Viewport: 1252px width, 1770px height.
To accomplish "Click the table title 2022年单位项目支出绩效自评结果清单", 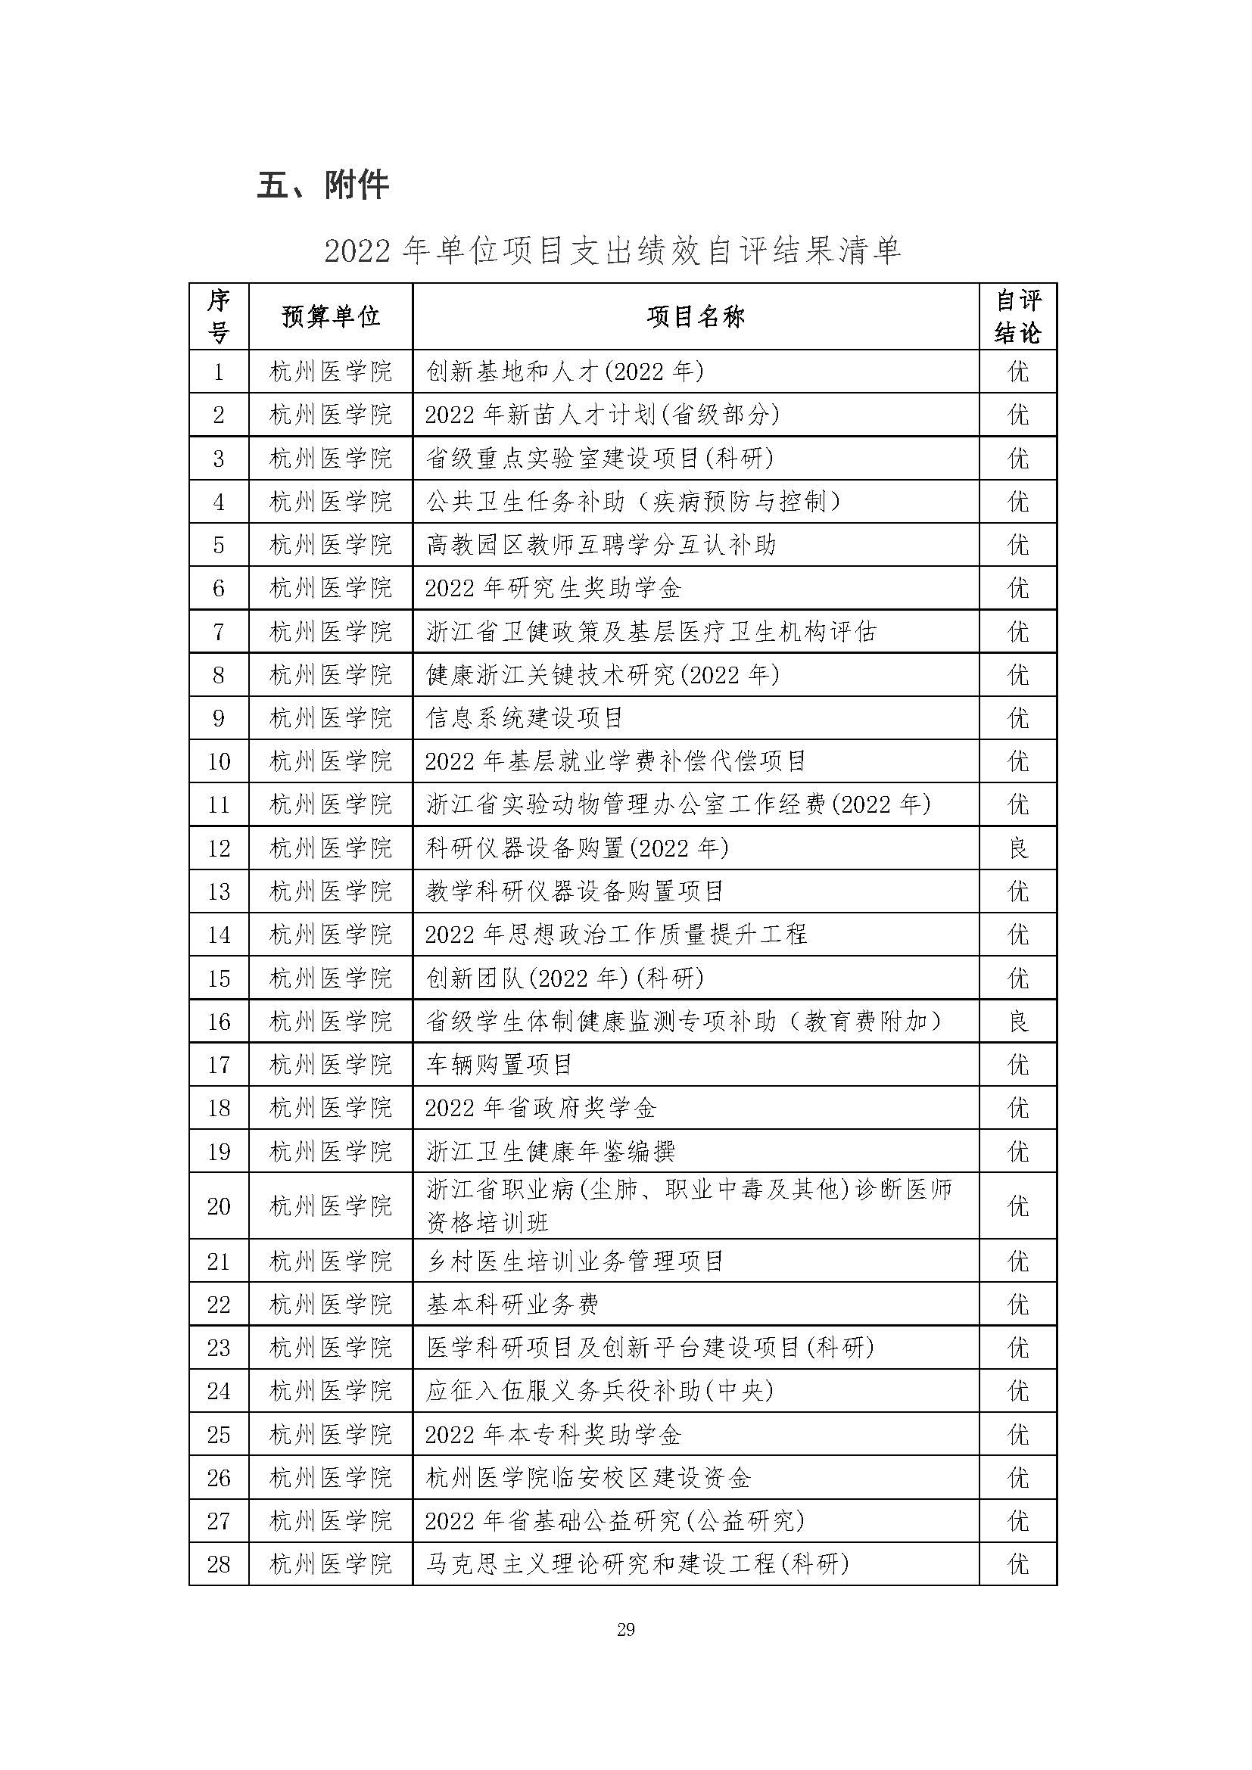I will point(612,251).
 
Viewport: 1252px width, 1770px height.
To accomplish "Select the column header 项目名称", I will point(696,317).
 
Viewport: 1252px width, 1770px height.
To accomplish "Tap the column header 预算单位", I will point(331,317).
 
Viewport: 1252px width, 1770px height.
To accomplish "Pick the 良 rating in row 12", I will point(1017,849).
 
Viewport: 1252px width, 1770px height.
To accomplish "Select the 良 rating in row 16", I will point(1017,1022).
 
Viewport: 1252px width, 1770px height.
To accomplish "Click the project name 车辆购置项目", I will point(500,1065).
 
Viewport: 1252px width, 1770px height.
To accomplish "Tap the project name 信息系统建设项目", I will point(525,718).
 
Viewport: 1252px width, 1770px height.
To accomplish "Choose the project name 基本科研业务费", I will point(512,1305).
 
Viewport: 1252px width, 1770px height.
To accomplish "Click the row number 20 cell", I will point(219,1206).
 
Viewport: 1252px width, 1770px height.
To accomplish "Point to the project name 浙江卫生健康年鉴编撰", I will point(550,1152).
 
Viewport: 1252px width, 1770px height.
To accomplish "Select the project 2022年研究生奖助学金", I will point(553,589).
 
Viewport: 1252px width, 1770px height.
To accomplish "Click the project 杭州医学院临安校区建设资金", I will point(588,1478).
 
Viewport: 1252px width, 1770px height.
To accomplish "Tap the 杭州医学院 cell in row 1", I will point(331,372).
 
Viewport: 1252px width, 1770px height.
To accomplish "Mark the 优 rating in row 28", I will point(1017,1564).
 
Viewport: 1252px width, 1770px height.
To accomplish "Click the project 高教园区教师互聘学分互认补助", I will point(600,546).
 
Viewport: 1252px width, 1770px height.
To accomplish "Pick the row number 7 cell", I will point(219,632).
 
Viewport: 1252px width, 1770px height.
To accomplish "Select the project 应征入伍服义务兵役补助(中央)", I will point(600,1391).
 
